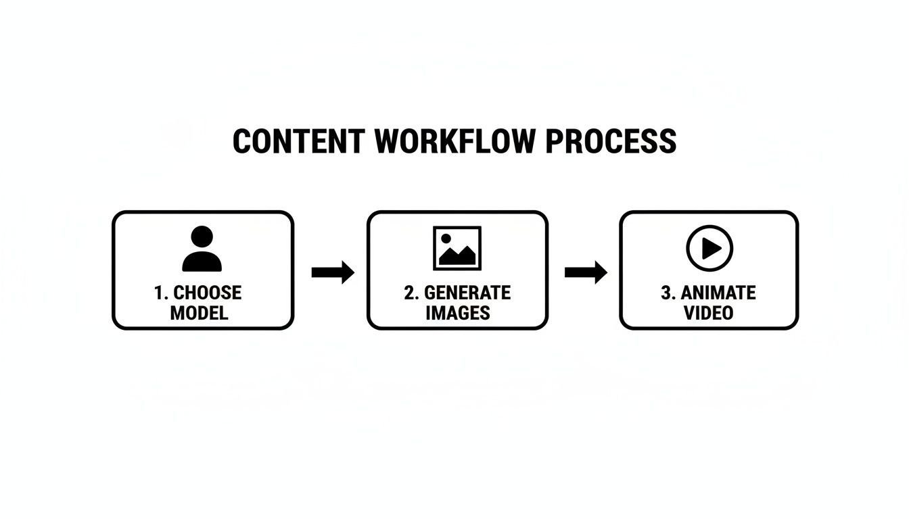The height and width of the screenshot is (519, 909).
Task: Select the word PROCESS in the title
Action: [611, 142]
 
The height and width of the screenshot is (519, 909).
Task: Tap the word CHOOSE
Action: [208, 293]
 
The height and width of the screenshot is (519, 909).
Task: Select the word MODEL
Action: [199, 313]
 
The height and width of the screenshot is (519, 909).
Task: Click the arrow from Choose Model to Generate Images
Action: [332, 272]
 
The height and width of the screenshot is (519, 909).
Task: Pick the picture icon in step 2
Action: [457, 248]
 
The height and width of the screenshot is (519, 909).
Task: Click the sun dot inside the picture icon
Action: [446, 238]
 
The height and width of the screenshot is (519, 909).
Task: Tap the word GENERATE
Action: [467, 293]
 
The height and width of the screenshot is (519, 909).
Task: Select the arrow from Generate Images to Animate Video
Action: [586, 272]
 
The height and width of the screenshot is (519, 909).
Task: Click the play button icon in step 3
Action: [709, 249]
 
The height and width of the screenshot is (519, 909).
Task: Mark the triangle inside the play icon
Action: [711, 249]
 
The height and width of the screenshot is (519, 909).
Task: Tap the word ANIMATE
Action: [718, 293]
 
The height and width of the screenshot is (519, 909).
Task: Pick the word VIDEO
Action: [708, 313]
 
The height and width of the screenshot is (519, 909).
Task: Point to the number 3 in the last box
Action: [666, 293]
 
